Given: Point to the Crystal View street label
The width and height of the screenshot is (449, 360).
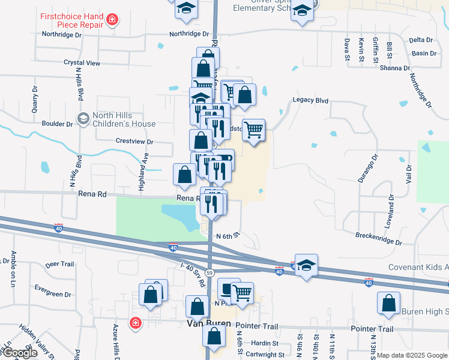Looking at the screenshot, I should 82,62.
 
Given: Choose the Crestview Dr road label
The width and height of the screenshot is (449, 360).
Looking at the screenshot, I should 134,142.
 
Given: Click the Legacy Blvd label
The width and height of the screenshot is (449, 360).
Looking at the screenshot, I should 311,100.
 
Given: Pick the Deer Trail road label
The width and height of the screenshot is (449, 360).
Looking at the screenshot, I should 59,264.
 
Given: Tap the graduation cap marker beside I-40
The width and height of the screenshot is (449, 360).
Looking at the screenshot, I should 306,266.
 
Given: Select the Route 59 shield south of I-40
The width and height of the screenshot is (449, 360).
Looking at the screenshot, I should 209,272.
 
